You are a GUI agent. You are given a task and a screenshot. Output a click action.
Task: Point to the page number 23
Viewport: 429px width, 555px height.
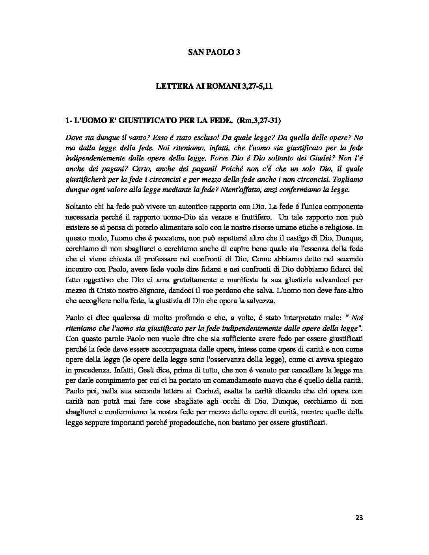(358, 518)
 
